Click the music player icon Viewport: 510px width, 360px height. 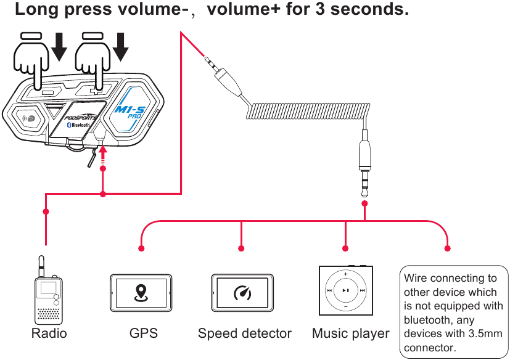pos(346,290)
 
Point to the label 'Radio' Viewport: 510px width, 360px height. pos(49,333)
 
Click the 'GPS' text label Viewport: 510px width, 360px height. pos(143,333)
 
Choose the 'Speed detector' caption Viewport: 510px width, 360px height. pos(244,333)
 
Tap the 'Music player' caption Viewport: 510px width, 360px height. pos(350,333)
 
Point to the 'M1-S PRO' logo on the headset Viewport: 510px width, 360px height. pos(132,112)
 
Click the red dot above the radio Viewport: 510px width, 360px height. pos(46,211)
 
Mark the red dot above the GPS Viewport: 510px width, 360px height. pos(141,248)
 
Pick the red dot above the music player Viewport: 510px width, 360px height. pos(345,248)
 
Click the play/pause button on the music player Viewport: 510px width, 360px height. pos(346,290)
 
